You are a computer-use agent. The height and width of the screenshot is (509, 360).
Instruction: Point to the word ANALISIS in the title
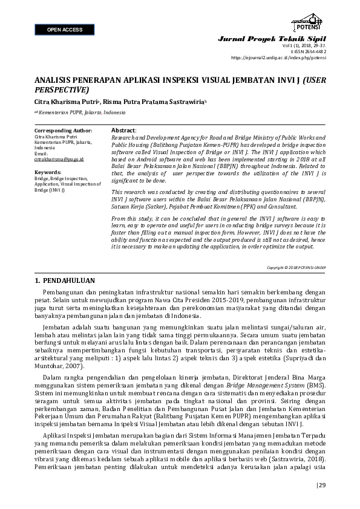pos(52,80)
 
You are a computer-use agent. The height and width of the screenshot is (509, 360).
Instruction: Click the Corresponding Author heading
pos(64,131)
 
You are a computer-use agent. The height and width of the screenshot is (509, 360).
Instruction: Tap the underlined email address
pos(59,158)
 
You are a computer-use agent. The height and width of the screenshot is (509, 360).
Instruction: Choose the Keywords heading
pos(48,172)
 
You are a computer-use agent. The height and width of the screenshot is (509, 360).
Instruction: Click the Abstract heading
pos(124,131)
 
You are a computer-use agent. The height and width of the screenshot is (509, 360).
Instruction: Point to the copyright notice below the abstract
pos(296,267)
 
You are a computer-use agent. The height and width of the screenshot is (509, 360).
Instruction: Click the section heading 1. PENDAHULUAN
pos(65,282)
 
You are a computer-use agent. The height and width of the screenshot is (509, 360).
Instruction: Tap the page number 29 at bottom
pos(321,485)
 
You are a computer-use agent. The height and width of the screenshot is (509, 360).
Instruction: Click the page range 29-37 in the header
pos(318,45)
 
